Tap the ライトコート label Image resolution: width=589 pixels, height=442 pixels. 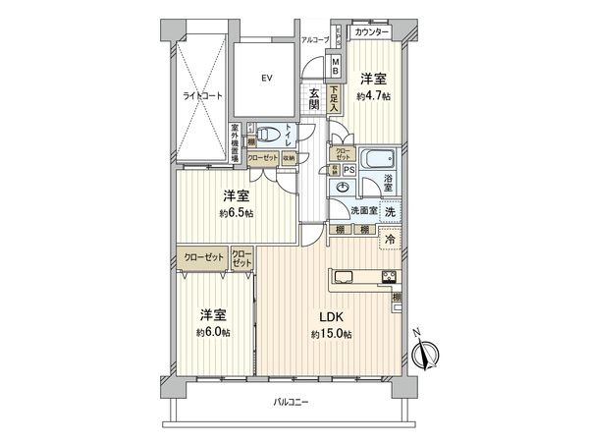200,96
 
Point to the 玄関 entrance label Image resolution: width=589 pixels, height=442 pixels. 314,98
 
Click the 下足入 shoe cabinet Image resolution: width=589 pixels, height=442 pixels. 335,101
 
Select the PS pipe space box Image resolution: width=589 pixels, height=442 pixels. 349,169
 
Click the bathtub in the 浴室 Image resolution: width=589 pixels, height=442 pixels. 379,160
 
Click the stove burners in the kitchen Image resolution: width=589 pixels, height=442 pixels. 388,275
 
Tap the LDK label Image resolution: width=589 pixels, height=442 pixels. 331,318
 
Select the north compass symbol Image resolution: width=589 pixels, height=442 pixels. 429,350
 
